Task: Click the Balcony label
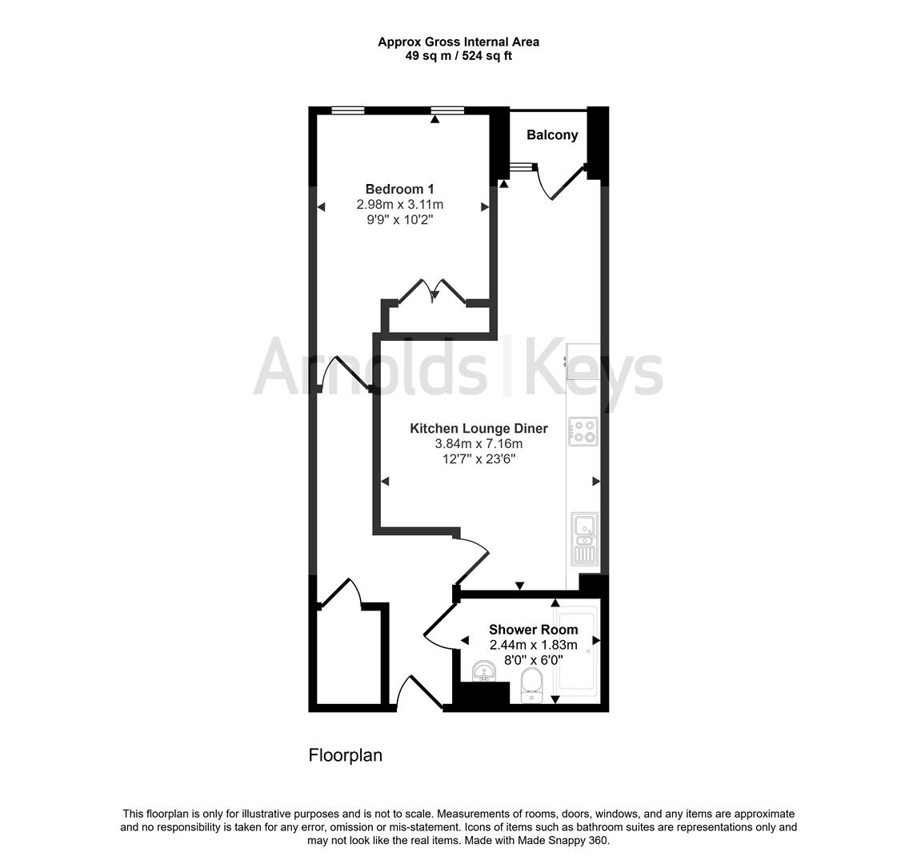tap(551, 135)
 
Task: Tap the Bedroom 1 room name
tap(399, 190)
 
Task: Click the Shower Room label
tap(533, 630)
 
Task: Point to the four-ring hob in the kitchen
tap(583, 432)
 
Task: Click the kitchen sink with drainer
tap(584, 539)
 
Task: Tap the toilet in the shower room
tap(531, 686)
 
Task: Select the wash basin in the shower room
tap(483, 672)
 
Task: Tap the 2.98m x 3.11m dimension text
tap(399, 205)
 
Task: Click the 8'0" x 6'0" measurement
tap(533, 660)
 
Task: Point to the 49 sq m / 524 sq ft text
tap(458, 56)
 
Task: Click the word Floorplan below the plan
tap(346, 755)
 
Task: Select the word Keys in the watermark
tap(593, 370)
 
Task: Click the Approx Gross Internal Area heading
tap(458, 42)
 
